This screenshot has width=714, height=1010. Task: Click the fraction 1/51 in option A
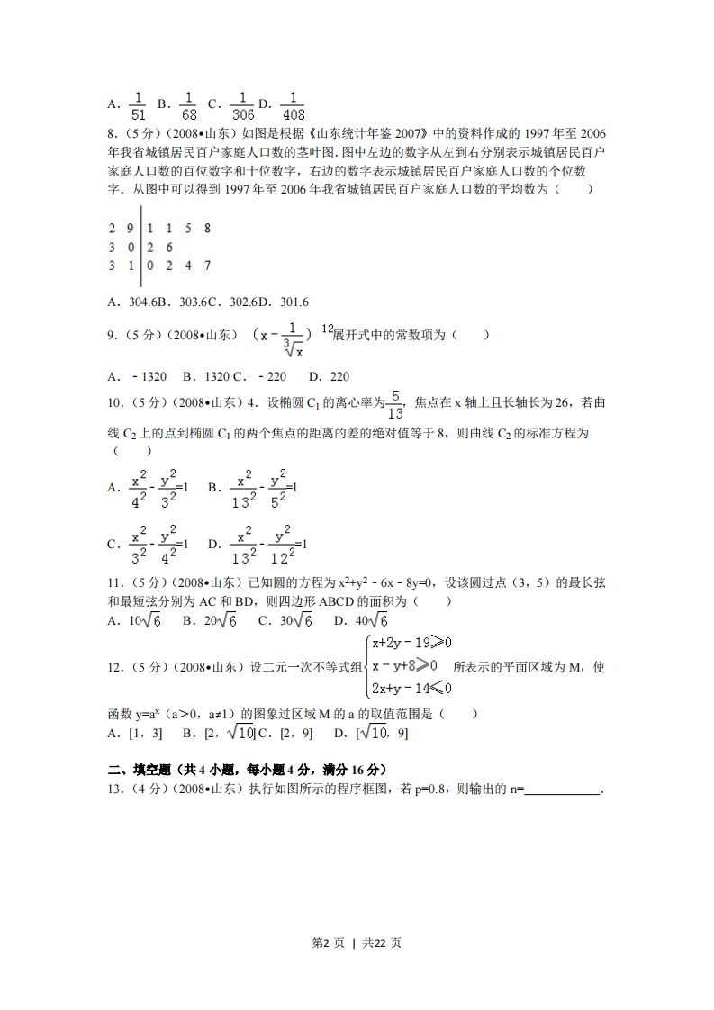tap(139, 104)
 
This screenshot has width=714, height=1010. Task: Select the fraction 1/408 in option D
tap(294, 104)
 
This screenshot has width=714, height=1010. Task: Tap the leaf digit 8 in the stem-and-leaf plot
tap(207, 229)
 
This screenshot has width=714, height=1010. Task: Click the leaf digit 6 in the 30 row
tap(169, 247)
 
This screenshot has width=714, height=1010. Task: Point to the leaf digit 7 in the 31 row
tap(207, 266)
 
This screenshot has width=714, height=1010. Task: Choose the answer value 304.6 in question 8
tap(144, 302)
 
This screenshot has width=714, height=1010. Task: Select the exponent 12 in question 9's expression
tap(325, 327)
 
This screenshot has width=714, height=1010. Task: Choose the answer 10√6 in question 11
tap(144, 620)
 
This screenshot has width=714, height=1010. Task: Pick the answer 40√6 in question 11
tap(371, 620)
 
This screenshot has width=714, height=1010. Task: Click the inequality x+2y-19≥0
tap(411, 643)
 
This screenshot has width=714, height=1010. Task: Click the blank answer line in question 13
tap(562, 789)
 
